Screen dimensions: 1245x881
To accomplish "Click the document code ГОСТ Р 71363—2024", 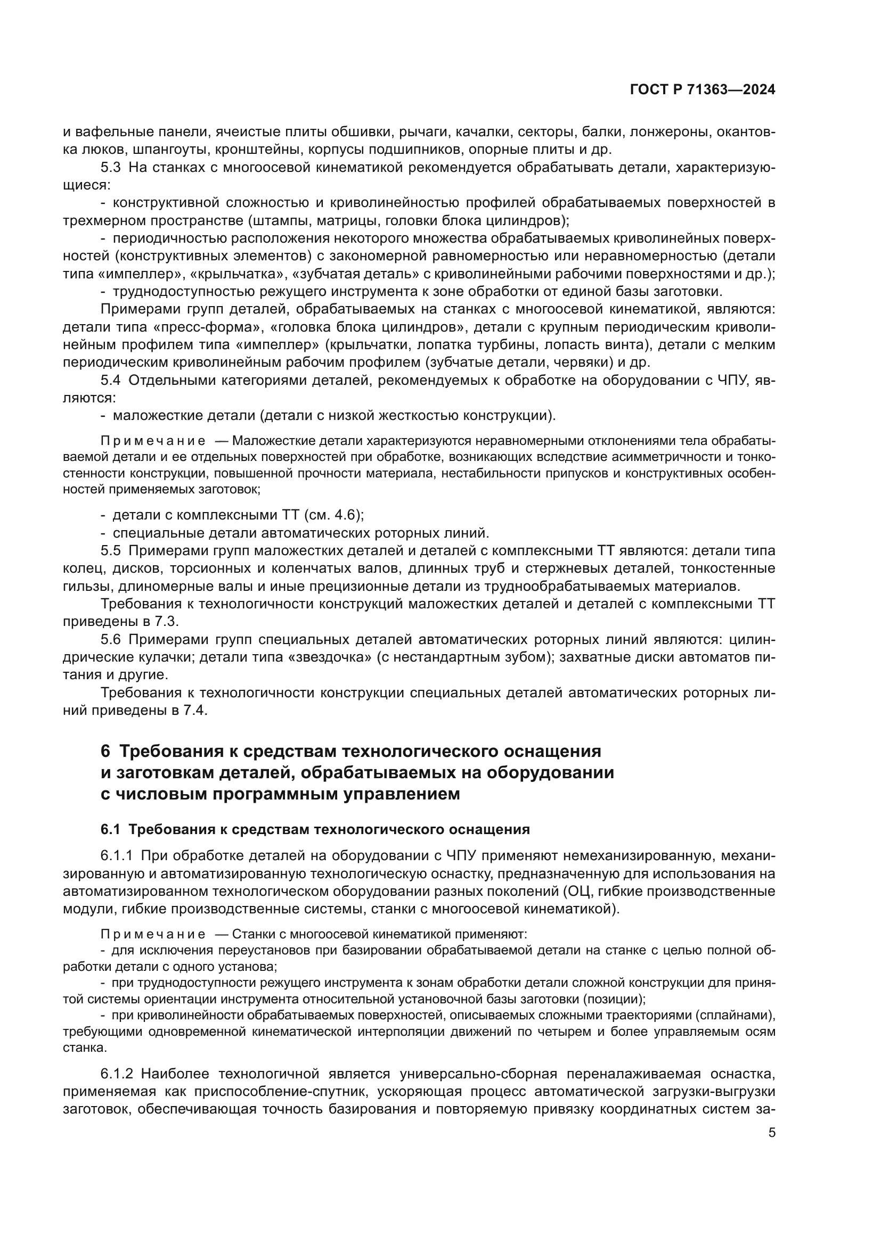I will point(703,90).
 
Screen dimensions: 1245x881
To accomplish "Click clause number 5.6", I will point(111,639).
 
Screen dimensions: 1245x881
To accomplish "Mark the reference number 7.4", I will point(197,711).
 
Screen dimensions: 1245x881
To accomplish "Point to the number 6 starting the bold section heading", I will point(105,752).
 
